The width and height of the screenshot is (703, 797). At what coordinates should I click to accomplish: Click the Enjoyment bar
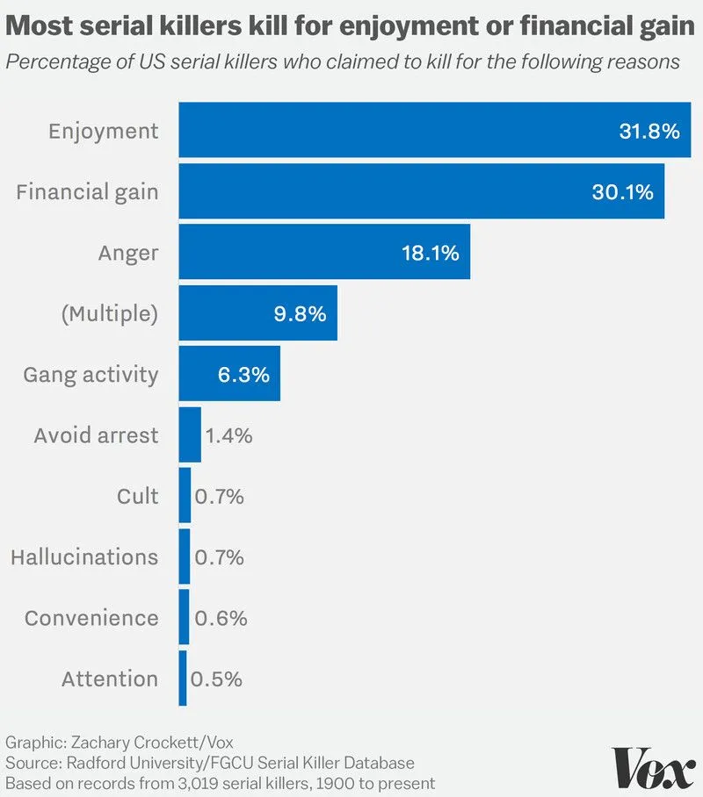[435, 131]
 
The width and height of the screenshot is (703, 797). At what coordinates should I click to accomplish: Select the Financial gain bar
[422, 191]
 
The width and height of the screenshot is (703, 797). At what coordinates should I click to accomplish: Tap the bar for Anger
[324, 253]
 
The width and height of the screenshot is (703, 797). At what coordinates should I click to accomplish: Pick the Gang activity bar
[229, 375]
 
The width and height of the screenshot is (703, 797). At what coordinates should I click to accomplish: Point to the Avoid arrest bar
[190, 435]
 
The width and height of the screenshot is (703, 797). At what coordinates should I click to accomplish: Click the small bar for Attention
[183, 679]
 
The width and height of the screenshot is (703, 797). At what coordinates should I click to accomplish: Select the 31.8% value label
[649, 132]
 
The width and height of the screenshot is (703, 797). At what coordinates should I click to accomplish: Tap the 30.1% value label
[622, 192]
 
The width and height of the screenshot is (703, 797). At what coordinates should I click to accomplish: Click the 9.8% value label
[300, 314]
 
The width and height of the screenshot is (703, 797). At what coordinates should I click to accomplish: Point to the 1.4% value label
[228, 435]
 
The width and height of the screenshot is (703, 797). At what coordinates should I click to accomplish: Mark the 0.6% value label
[219, 618]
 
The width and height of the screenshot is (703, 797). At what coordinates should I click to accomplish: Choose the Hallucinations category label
[84, 557]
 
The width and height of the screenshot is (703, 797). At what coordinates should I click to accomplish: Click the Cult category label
[138, 497]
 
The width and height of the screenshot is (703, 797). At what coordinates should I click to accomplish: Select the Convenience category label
[91, 618]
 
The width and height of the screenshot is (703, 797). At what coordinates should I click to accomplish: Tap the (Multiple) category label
[109, 314]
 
